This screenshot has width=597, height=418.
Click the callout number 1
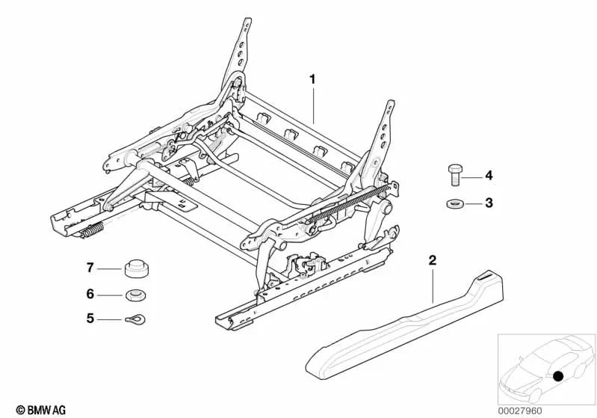312,80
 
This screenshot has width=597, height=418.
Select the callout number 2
432,261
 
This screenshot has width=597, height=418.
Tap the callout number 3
489,203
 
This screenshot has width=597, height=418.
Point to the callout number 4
489,176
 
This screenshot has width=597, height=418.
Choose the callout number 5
90,318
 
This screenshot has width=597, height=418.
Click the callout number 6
90,294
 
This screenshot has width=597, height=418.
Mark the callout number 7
90,268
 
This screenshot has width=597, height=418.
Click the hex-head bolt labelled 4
455,175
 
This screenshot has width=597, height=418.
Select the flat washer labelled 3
454,204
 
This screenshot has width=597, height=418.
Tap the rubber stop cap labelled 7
137,268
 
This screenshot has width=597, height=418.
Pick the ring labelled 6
136,295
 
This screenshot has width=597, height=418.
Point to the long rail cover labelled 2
404,327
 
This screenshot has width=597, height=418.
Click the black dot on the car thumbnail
558,376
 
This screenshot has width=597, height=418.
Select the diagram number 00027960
520,411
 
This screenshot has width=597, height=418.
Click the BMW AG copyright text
41,411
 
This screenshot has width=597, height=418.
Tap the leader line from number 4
472,177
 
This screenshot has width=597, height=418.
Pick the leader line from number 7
110,269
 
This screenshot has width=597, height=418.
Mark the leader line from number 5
110,319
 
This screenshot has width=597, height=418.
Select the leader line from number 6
110,295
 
